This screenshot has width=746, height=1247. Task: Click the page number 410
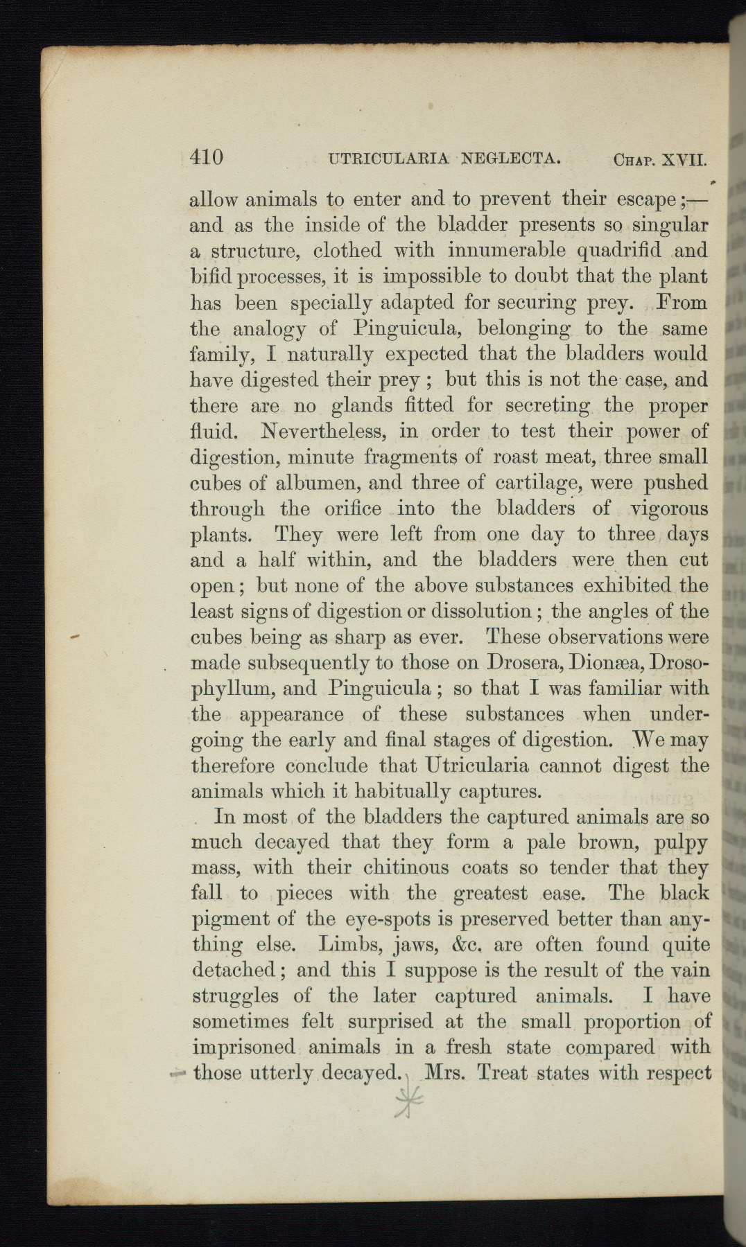[207, 157]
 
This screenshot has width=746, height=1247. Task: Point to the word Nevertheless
[322, 432]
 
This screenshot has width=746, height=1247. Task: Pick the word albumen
[299, 483]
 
